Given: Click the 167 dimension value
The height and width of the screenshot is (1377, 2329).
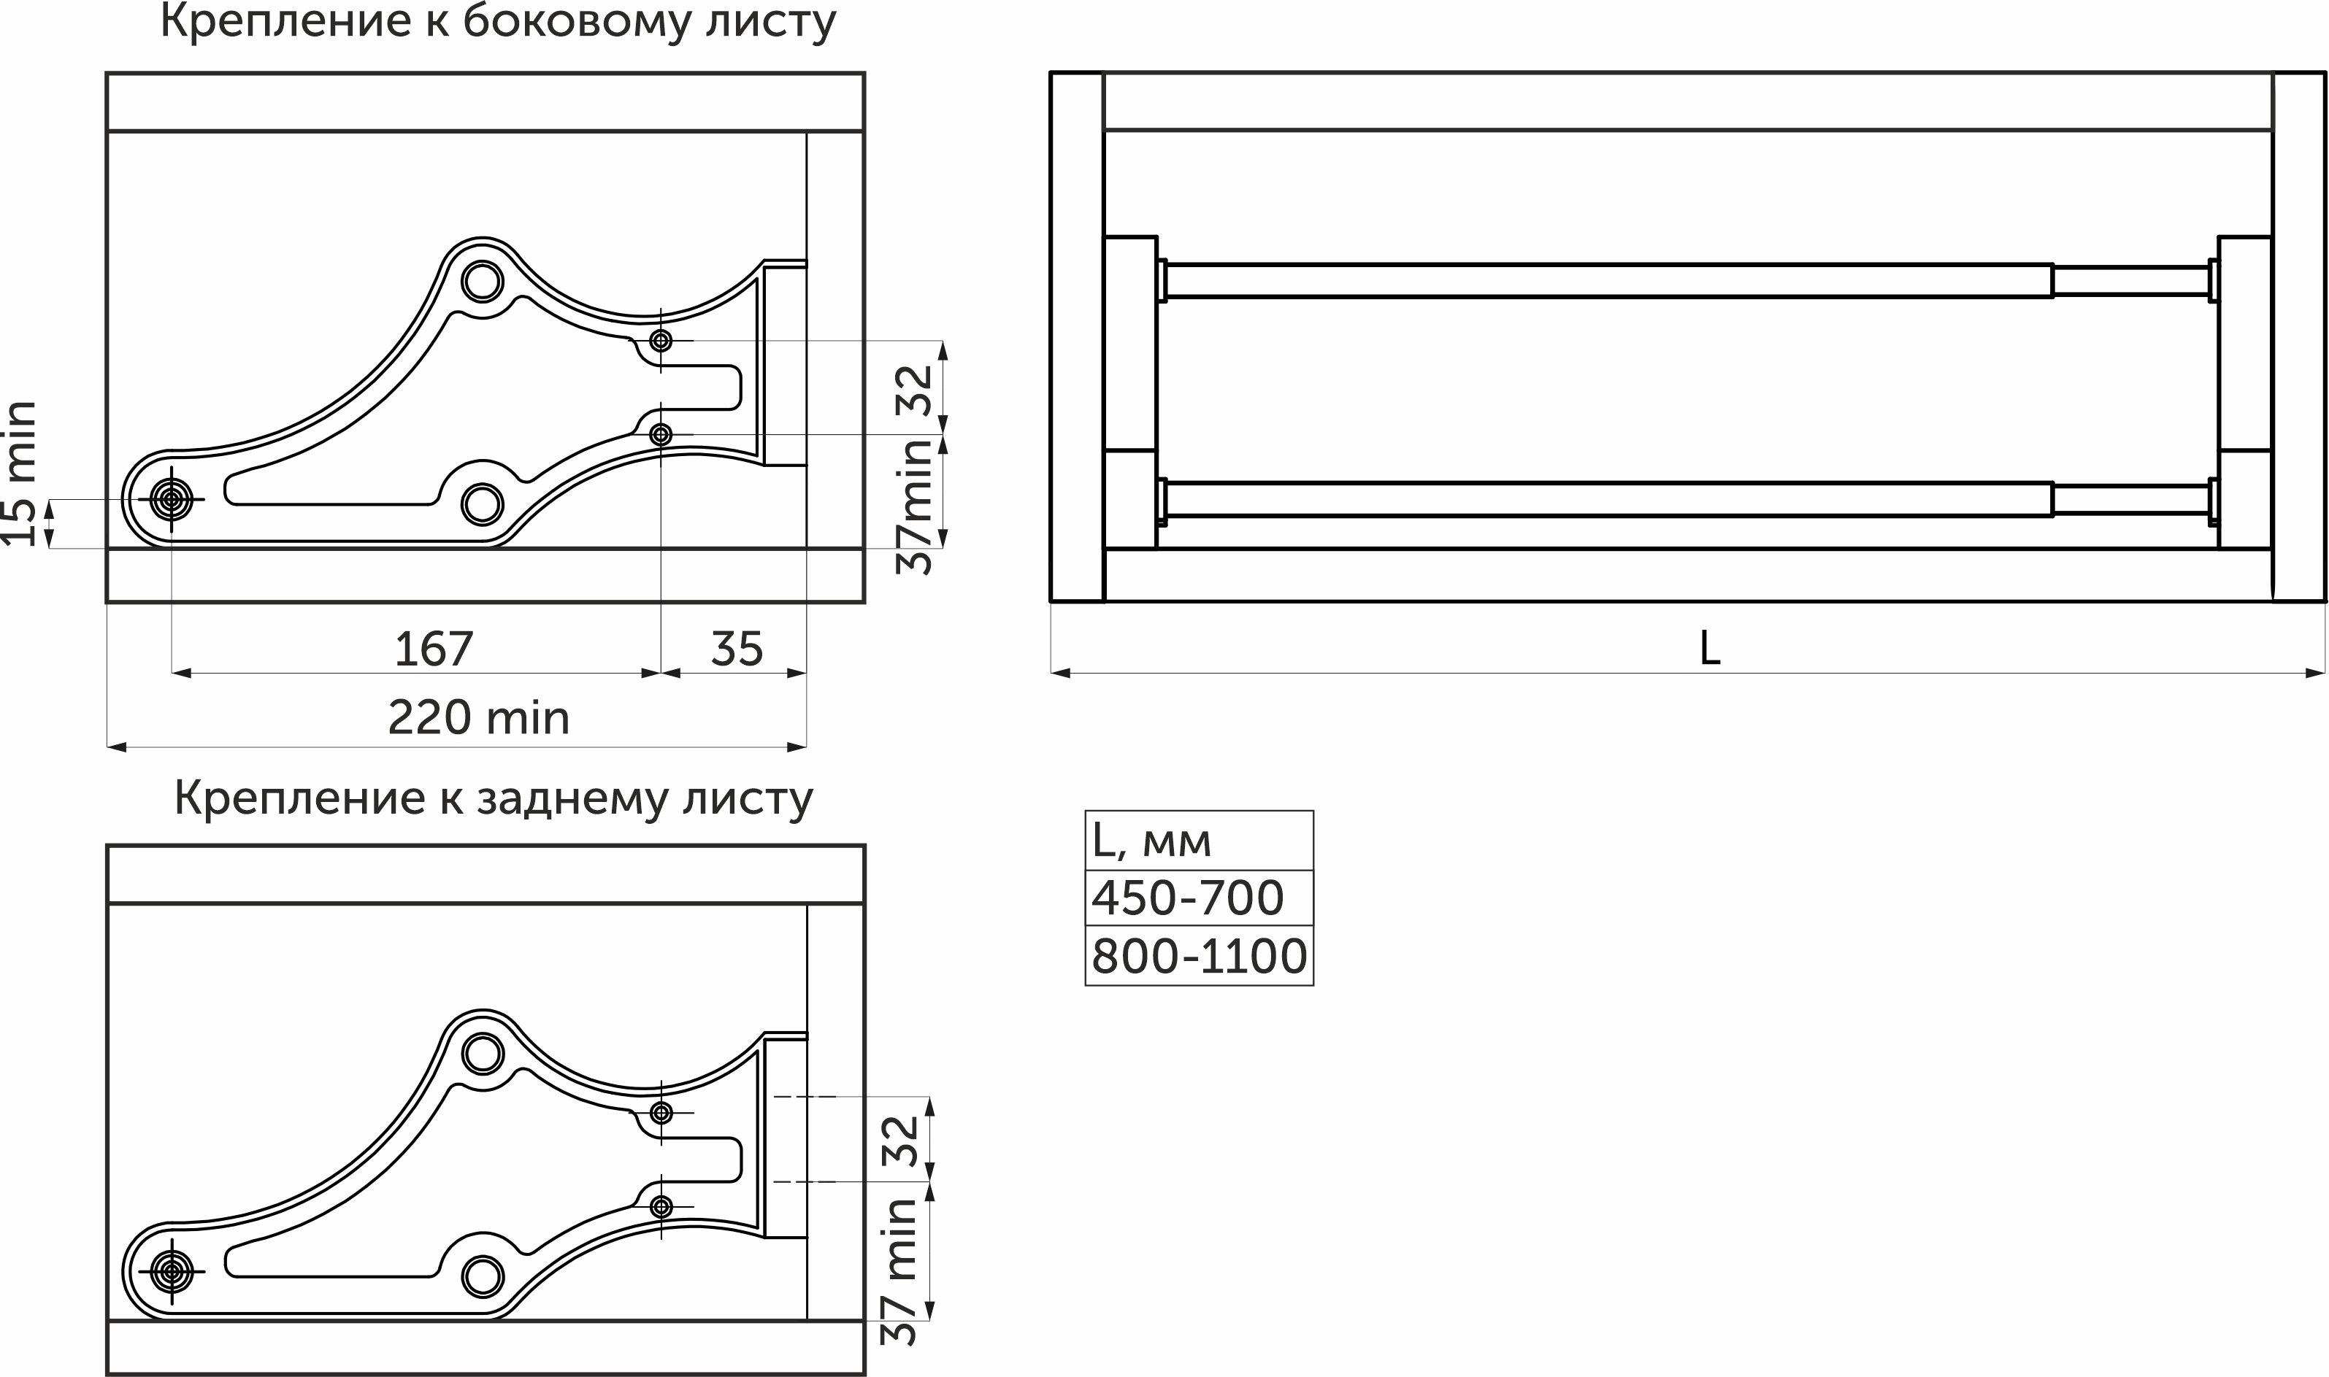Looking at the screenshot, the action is pyautogui.click(x=434, y=649).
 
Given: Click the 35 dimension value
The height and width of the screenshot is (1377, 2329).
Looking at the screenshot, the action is pyautogui.click(x=737, y=649).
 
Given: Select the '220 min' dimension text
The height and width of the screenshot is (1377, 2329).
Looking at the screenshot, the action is pyautogui.click(x=478, y=717).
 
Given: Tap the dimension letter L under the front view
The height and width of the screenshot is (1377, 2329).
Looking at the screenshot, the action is pyautogui.click(x=1710, y=649).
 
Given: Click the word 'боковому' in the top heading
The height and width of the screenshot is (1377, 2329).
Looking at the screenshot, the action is pyautogui.click(x=577, y=23).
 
